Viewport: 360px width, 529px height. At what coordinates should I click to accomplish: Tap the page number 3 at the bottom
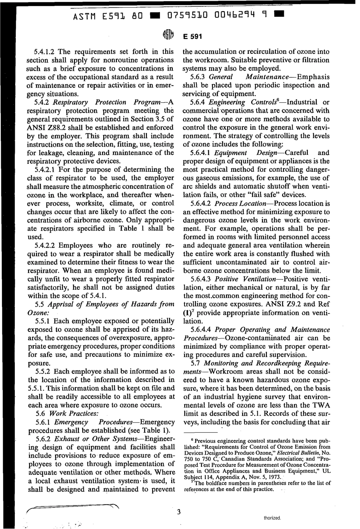point(179,512)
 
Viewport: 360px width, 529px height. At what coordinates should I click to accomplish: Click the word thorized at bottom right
point(272,517)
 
